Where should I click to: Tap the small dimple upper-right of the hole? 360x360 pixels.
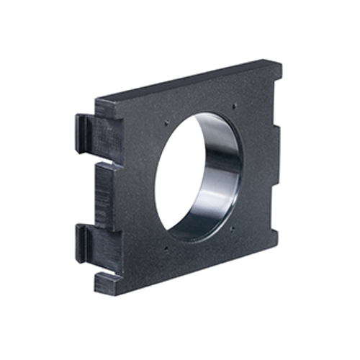tap(235, 107)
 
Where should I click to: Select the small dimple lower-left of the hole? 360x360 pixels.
tap(166, 250)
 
